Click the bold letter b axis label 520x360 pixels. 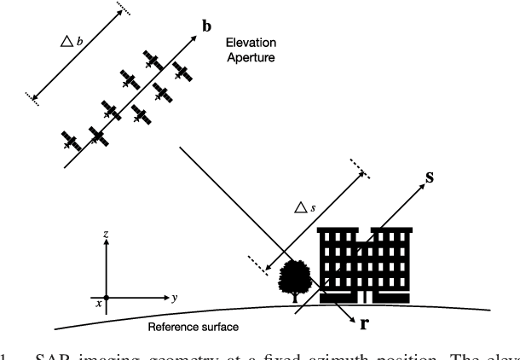(206, 26)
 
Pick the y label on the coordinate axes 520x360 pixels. (174, 298)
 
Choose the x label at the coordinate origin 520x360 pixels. (98, 303)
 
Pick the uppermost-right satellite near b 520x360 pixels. (181, 69)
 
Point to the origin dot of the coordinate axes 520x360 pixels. (106, 298)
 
